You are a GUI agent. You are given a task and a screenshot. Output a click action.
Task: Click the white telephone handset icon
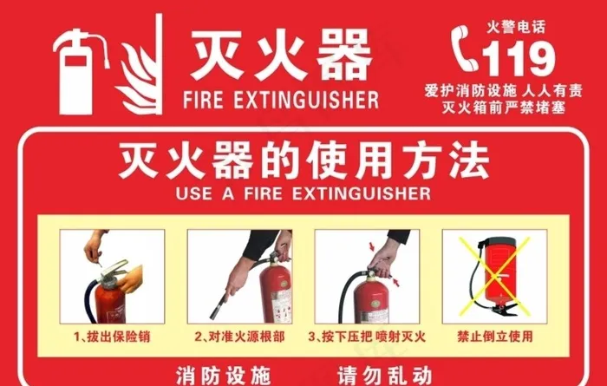coord(465,49)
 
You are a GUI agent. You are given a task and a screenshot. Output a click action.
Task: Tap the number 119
coord(519,58)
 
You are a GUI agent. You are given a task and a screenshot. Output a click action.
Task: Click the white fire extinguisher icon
coord(81,72)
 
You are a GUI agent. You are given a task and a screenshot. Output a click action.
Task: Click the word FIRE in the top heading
coord(203,100)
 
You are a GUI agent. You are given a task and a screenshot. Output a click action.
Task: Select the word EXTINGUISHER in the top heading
coord(306,100)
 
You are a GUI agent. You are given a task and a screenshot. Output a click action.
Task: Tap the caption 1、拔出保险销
coord(112,337)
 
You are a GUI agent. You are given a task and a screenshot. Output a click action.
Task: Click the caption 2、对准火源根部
coord(239,337)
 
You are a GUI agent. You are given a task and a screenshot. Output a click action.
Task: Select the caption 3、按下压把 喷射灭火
coord(367,337)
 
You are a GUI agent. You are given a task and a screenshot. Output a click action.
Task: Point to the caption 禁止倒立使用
coord(495,336)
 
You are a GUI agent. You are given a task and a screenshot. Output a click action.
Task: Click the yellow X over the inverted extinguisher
coord(495,277)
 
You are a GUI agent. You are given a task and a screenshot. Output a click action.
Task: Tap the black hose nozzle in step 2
coord(219,307)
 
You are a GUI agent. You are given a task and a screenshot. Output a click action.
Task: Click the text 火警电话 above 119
coord(516,27)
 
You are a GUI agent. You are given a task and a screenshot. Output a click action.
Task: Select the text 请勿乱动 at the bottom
coord(384,376)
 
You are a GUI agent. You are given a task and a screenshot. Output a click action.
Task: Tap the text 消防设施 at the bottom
coord(223,376)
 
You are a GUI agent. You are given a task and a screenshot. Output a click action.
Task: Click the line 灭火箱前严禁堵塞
coord(504,108)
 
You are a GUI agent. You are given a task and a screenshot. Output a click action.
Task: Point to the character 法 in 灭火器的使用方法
coord(469,160)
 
